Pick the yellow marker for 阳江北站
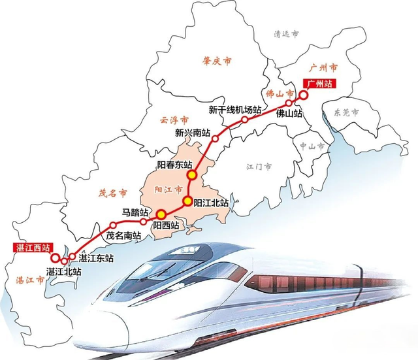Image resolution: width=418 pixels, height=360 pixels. point(187,201)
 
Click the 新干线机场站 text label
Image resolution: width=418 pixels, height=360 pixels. point(234,109)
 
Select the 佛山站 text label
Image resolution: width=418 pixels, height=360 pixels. point(289,114)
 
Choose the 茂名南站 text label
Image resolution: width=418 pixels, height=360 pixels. point(123,235)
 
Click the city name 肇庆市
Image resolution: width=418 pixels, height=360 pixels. point(218,61)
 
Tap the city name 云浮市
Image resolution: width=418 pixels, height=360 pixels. point(174,120)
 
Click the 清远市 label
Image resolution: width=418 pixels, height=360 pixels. point(286,34)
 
